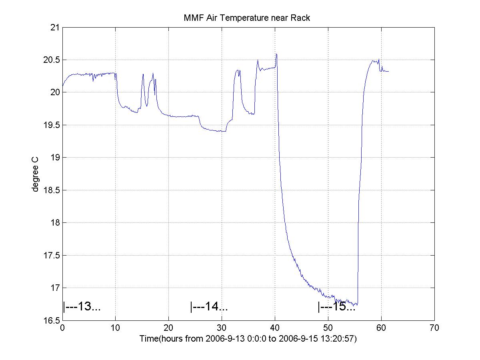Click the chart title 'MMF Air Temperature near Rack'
coord(246,18)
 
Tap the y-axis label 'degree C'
coord(36,174)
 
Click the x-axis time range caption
coord(248,338)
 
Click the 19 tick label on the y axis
coord(54,157)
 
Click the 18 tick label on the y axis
coord(54,222)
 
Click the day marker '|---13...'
coord(82,307)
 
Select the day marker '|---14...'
coord(209,307)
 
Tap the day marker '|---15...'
coord(336,307)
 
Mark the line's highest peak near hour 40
coord(276,54)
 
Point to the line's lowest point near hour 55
coord(356,305)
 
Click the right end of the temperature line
coord(388,71)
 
